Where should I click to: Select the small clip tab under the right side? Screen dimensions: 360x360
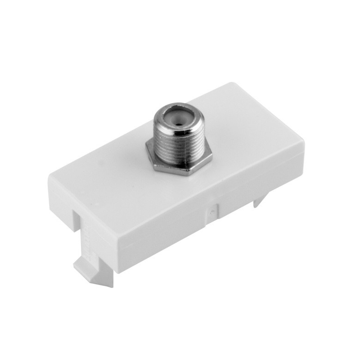click(x=261, y=201)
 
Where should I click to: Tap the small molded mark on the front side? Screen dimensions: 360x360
click(x=211, y=210)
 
